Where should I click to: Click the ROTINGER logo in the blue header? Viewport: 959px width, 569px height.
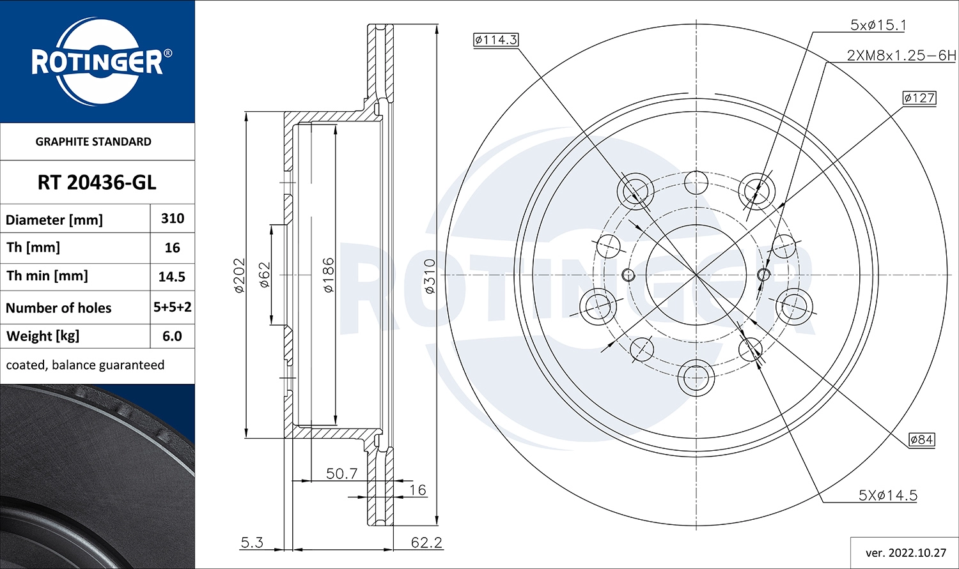[97, 62]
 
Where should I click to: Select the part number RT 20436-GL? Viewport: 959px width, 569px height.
[97, 183]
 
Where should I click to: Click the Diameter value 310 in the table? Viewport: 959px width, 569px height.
[173, 218]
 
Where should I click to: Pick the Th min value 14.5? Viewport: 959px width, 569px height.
[172, 277]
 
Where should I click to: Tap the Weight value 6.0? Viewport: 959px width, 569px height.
[172, 336]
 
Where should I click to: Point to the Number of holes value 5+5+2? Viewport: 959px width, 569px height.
[173, 307]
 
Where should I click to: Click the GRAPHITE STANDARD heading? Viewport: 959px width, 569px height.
[93, 142]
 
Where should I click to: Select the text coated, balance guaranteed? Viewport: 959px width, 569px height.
[85, 365]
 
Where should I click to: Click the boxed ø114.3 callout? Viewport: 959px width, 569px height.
[495, 40]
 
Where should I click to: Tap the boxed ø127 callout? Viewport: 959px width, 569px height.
[919, 98]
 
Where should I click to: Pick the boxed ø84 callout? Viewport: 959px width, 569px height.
[921, 439]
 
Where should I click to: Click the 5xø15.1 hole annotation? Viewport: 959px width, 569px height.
[878, 25]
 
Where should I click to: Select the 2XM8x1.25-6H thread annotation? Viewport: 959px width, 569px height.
[901, 56]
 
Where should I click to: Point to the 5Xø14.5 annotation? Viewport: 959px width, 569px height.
[887, 495]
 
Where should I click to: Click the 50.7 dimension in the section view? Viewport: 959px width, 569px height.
[341, 473]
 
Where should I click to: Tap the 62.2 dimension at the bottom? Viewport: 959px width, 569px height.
[426, 542]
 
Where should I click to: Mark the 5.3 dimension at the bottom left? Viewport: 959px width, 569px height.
[251, 542]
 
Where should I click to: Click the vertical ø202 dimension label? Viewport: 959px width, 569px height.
[240, 275]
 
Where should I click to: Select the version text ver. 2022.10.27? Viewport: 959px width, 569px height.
[906, 552]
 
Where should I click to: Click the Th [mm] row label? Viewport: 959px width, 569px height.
[33, 247]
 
